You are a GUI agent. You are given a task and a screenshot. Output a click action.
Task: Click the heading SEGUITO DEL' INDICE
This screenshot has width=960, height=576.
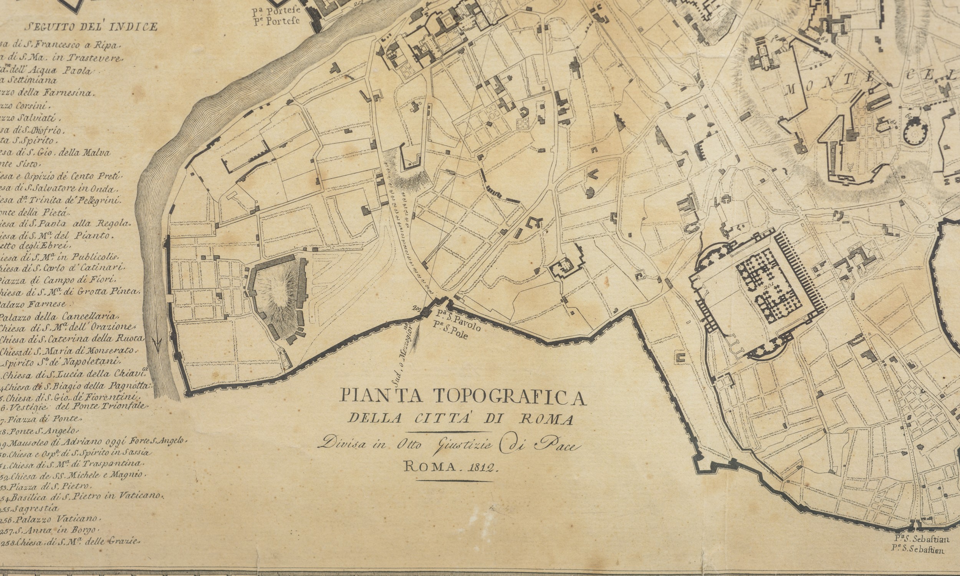91,27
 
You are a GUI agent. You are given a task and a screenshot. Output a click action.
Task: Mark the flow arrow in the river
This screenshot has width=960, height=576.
157,344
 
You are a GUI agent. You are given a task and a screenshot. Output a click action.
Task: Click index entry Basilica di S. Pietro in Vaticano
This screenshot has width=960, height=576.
83,497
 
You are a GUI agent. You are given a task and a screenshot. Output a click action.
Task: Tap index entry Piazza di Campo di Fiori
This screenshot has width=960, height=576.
58,280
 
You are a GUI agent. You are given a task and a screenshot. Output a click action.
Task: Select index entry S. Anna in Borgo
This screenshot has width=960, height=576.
52,530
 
